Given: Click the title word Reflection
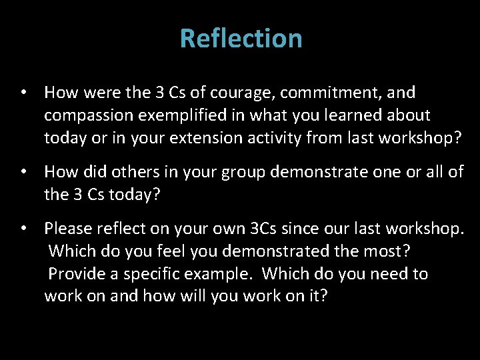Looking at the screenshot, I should (x=241, y=38).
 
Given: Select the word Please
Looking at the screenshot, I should (x=69, y=228).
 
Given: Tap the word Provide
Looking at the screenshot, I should (x=75, y=273).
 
